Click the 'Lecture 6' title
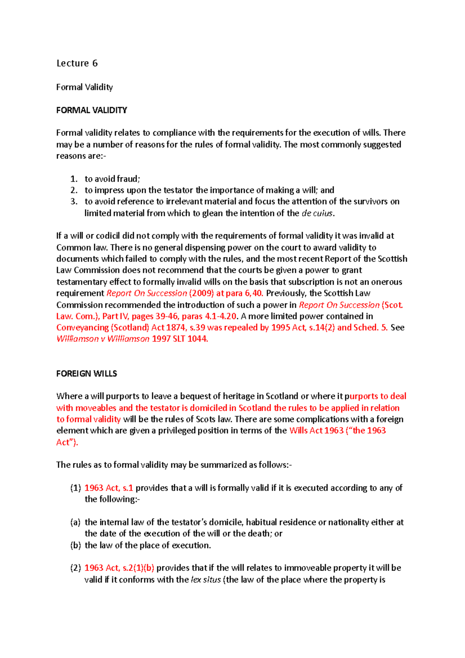tap(77, 63)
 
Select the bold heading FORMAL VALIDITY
tap(91, 110)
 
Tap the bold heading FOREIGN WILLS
tap(86, 374)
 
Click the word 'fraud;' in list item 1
tap(128, 179)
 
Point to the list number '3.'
tap(74, 202)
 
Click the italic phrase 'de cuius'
tap(317, 213)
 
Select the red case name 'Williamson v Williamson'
tap(103, 339)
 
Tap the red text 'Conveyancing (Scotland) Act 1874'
tap(121, 327)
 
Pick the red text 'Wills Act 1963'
tap(316, 431)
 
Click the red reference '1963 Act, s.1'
tap(108, 488)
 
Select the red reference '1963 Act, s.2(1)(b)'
tap(119, 568)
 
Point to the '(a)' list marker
tap(75, 522)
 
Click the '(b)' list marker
tap(75, 545)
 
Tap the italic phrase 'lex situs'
tap(206, 580)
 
